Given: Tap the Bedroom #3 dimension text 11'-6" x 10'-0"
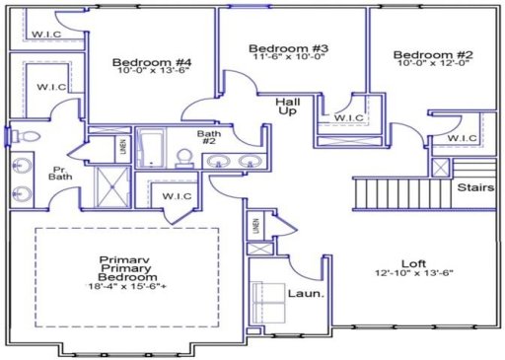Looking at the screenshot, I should tap(288, 61).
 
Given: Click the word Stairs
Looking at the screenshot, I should tap(474, 187).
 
